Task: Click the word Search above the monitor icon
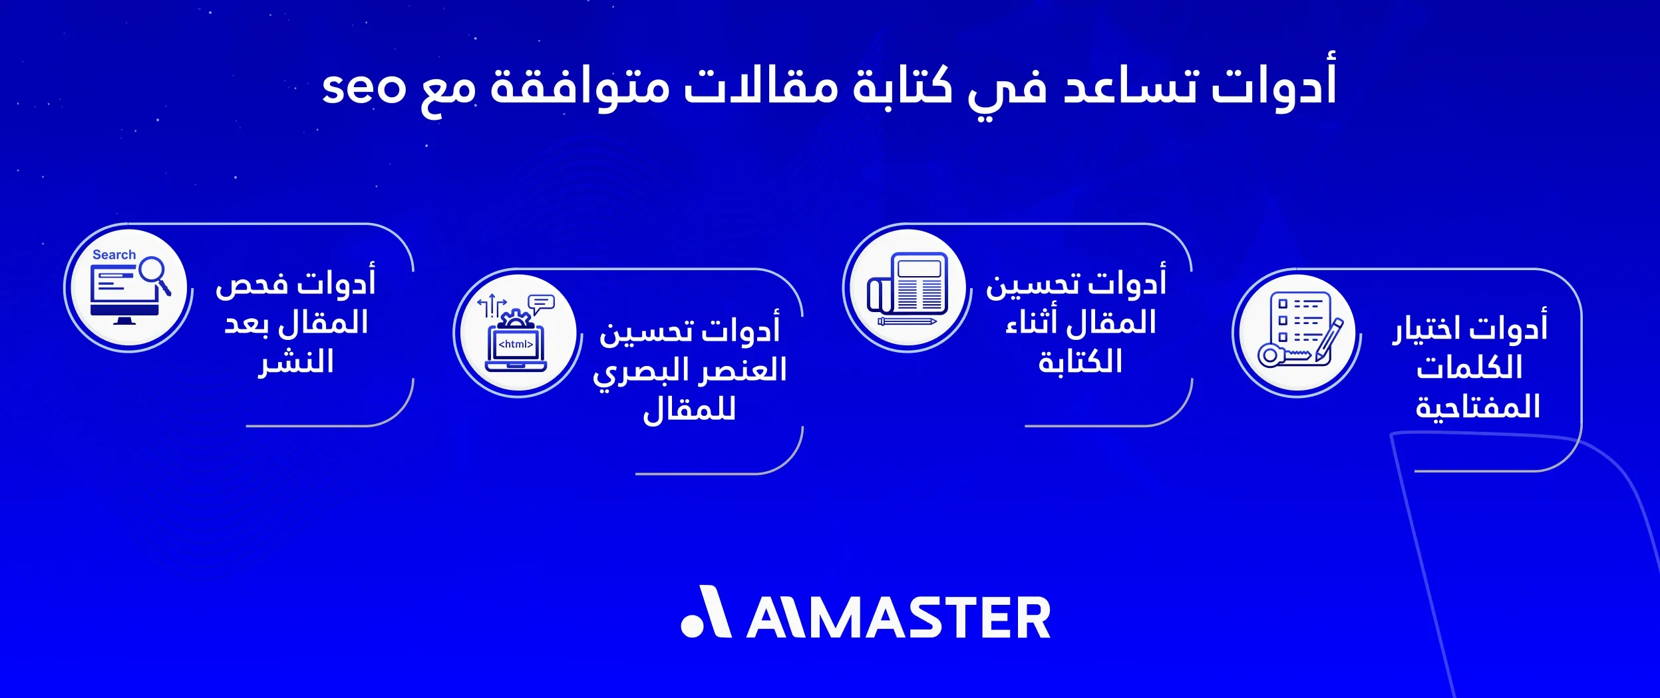tap(114, 255)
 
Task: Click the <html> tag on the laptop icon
tap(516, 344)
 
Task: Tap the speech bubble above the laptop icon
tap(542, 304)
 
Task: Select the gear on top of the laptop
tap(515, 319)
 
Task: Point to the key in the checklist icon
tap(1281, 355)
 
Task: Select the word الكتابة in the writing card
tap(1080, 362)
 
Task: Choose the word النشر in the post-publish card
tap(296, 363)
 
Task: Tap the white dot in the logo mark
tap(693, 625)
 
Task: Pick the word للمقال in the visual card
tap(689, 410)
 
